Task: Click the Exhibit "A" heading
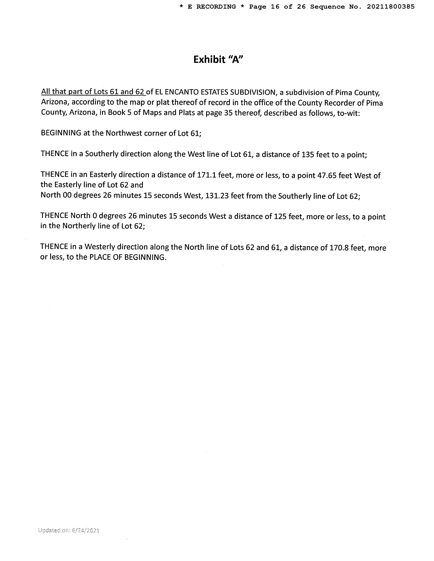(218, 60)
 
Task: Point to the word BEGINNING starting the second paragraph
(61, 133)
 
